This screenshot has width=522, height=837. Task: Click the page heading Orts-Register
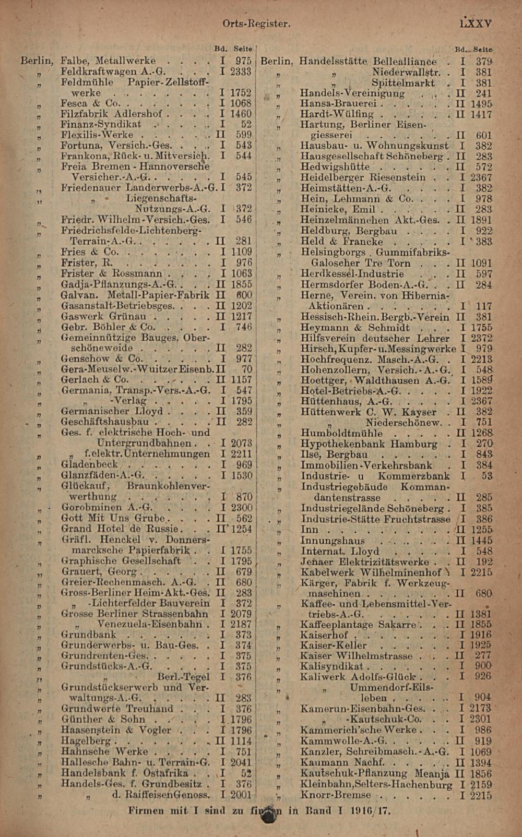coord(256,23)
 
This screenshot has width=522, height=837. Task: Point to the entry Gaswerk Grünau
coord(103,316)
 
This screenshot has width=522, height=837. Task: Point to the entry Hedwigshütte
coord(335,167)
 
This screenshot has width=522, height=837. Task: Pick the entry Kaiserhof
coord(324,635)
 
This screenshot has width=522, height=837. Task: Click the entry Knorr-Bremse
coord(335,795)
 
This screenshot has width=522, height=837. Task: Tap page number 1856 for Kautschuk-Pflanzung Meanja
coord(480,774)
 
